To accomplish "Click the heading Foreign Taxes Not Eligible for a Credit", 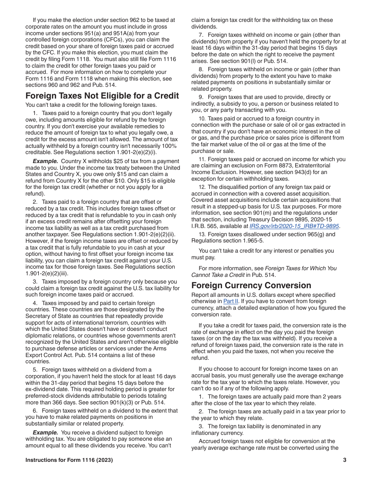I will point(102,96).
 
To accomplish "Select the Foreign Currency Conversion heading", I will point(251,285).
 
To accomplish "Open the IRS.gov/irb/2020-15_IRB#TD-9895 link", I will point(294,226).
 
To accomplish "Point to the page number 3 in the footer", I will point(345,460).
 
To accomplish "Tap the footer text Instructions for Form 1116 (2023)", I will point(69,460).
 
